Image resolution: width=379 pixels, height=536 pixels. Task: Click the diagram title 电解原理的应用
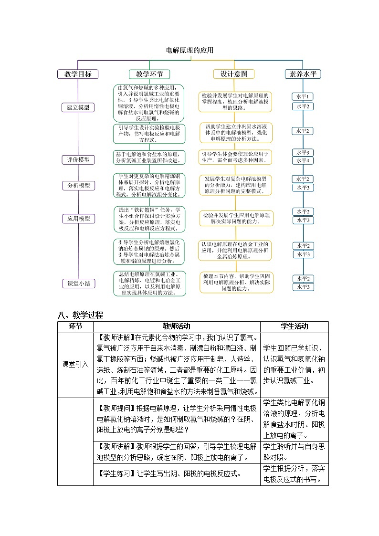(189, 50)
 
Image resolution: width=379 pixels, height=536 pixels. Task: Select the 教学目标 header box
(78, 74)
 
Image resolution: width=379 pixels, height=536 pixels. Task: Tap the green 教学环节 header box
(149, 74)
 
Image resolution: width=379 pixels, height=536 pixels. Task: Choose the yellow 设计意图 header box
(234, 74)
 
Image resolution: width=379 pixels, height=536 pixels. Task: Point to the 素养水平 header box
(303, 74)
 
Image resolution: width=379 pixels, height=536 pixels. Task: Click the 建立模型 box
(78, 107)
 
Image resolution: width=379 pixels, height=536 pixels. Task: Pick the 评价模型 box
(78, 160)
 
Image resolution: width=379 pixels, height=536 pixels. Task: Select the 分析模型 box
(78, 185)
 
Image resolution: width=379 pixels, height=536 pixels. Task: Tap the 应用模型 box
(78, 219)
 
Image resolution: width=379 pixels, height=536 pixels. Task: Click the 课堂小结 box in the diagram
(78, 284)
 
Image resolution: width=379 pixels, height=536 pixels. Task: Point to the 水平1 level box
(303, 96)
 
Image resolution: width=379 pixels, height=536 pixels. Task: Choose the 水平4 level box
(303, 161)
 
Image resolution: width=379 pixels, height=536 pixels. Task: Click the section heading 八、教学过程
(80, 315)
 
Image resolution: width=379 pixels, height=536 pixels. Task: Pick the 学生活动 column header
(294, 326)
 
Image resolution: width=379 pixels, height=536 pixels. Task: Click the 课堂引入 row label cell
(75, 364)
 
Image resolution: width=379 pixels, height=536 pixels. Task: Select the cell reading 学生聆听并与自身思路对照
(294, 452)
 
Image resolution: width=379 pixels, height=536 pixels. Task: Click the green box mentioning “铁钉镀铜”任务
(149, 219)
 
